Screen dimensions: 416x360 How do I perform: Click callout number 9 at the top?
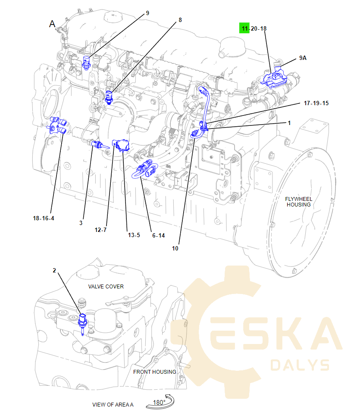(147, 13)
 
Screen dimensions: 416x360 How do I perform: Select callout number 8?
(180, 20)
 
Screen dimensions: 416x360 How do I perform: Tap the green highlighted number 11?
(245, 28)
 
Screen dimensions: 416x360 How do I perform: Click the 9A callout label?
(303, 58)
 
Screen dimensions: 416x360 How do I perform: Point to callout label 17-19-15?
(316, 103)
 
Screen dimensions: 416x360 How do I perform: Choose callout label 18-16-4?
(44, 218)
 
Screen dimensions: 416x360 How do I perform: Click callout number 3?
(81, 223)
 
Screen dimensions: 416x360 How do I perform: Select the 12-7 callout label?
(100, 230)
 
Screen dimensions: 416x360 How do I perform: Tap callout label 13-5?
(134, 235)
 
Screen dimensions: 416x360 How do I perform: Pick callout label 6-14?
(158, 235)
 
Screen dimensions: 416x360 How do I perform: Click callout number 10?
(175, 248)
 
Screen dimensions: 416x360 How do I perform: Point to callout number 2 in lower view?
(54, 270)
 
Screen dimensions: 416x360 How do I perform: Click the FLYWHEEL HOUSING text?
(298, 202)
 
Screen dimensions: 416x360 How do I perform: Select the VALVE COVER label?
(106, 286)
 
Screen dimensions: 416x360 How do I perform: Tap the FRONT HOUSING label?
(154, 372)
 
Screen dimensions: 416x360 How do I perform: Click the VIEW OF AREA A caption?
(113, 404)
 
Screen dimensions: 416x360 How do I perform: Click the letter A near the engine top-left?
(52, 24)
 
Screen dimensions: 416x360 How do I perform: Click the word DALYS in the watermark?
(300, 365)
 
